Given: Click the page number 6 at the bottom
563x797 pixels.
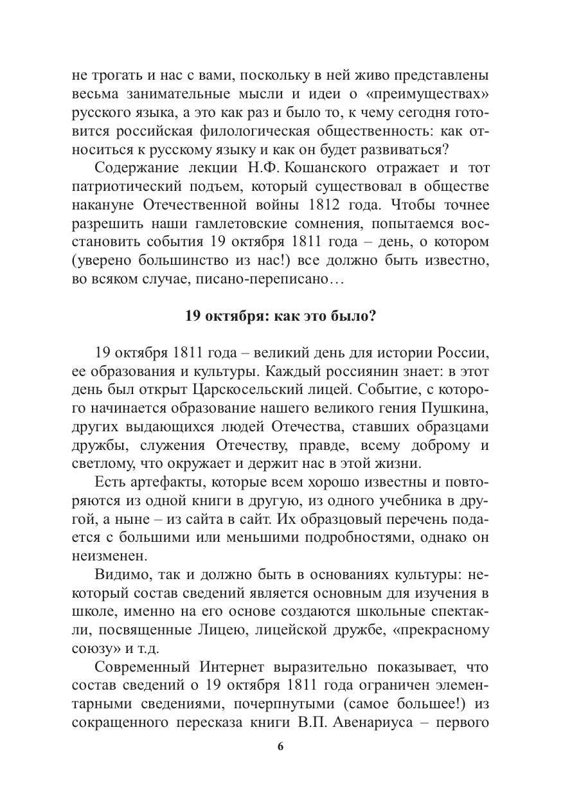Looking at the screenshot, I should pos(280,746).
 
